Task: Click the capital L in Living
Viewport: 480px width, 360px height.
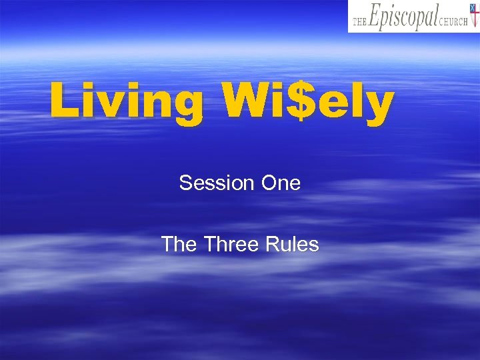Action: coord(63,101)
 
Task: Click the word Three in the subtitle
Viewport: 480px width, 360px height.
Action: coord(231,245)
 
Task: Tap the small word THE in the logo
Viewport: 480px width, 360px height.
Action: coord(359,21)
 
